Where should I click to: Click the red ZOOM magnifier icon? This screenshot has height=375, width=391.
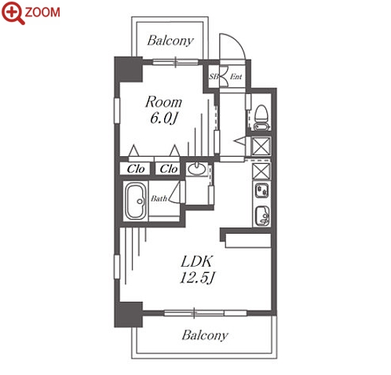[13, 13]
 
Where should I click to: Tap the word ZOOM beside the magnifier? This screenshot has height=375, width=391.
[42, 13]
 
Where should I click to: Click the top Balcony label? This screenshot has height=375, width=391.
[170, 41]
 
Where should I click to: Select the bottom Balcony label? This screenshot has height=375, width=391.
[205, 335]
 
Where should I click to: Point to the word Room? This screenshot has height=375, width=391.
[163, 102]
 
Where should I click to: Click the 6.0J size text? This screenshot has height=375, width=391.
[163, 118]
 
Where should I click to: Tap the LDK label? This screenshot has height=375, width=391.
[196, 261]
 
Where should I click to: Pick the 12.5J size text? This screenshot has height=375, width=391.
[197, 278]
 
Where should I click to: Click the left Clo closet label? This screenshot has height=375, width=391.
[136, 169]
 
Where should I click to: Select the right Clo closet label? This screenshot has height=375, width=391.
[169, 169]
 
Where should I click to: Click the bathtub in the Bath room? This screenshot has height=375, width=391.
[136, 201]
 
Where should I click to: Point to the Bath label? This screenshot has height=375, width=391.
[159, 198]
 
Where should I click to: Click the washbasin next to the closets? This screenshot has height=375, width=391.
[196, 169]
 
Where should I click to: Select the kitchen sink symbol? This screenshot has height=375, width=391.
[262, 216]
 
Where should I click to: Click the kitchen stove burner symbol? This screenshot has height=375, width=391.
[262, 191]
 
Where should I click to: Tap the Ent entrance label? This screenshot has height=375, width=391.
[236, 77]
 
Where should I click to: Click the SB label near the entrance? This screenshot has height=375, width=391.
[214, 77]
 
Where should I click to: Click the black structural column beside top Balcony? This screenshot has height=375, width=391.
[128, 70]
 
